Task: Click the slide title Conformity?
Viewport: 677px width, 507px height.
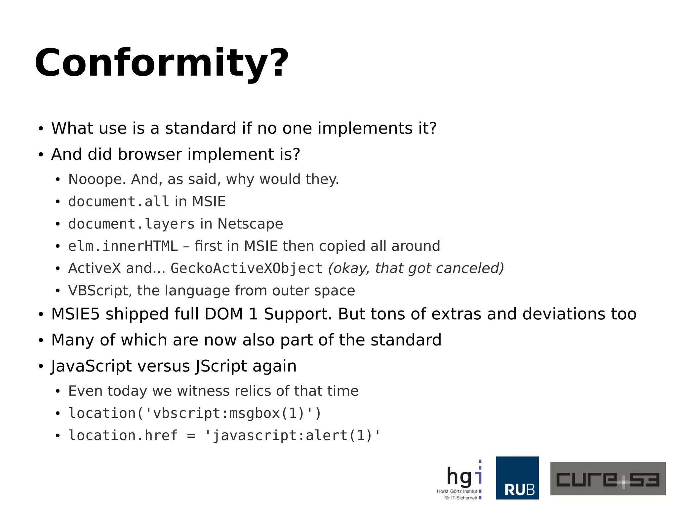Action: [162, 63]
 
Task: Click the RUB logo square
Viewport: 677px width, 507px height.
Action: [517, 478]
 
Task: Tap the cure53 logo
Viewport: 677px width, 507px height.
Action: [608, 479]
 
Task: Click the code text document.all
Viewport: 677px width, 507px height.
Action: [119, 201]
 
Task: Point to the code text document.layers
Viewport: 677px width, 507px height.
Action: [131, 224]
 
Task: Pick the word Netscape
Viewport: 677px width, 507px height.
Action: [250, 224]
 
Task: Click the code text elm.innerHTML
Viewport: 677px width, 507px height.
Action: [123, 246]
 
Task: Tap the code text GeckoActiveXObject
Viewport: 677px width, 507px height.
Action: [246, 268]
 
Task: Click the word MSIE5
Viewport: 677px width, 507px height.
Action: [75, 314]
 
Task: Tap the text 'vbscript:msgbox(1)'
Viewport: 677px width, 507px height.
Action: [228, 414]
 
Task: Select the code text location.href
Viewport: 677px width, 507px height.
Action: [123, 436]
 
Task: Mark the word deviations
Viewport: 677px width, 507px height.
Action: [564, 314]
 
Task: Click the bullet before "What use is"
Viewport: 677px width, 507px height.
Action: [41, 128]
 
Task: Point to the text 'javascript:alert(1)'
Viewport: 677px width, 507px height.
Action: [293, 436]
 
